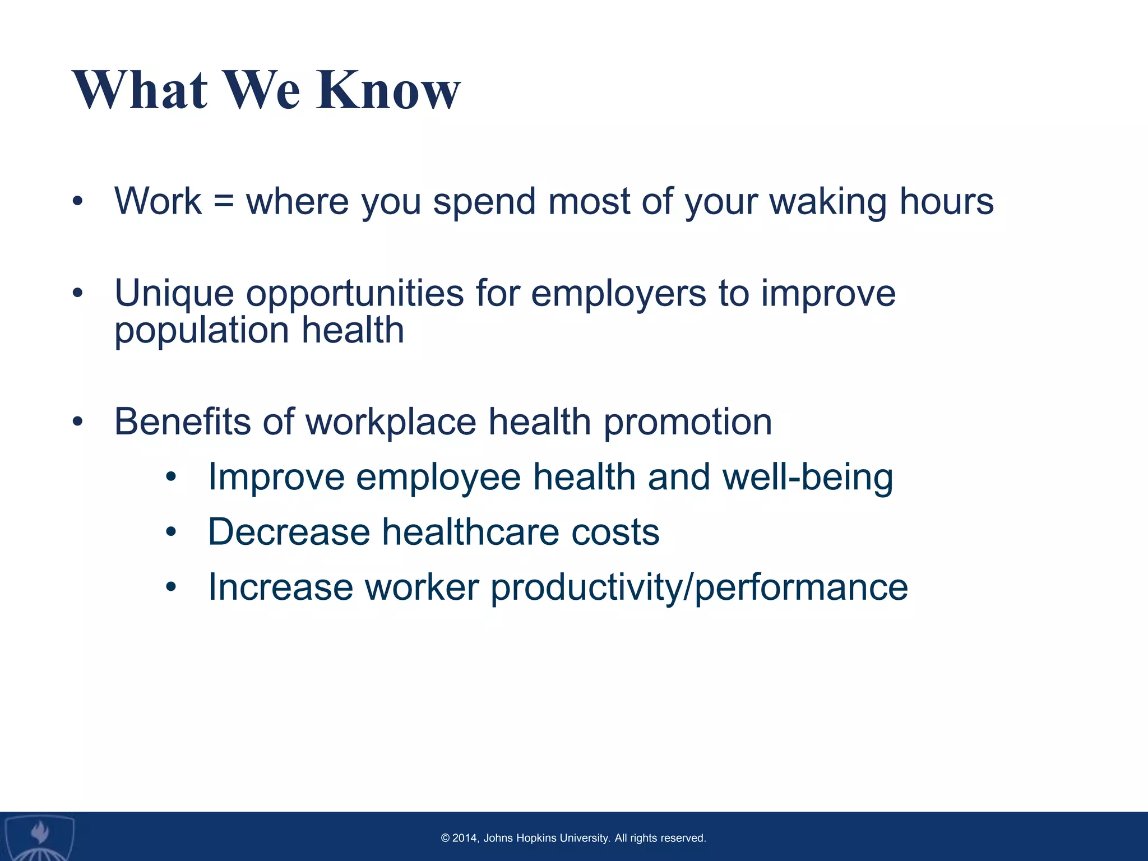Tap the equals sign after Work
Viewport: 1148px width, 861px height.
click(x=224, y=201)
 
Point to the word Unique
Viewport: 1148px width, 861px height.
click(x=174, y=294)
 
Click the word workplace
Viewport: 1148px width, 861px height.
click(x=391, y=423)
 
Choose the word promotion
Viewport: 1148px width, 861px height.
click(x=687, y=423)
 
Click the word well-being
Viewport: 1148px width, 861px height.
click(x=808, y=478)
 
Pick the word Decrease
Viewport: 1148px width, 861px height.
click(x=289, y=532)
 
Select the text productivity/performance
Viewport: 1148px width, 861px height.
click(x=699, y=589)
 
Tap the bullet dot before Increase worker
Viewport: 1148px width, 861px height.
click(x=171, y=587)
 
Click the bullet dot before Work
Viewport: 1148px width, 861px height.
click(x=77, y=201)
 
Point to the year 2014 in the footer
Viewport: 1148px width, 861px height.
click(x=465, y=838)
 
